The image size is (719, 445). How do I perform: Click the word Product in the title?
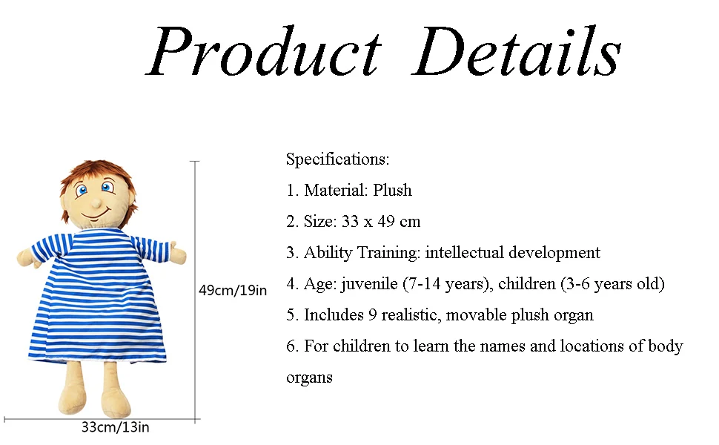tap(264, 51)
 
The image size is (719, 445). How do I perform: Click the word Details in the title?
tap(517, 51)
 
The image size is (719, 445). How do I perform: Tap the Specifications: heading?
tap(337, 159)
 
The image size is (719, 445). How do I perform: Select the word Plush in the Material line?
tap(392, 190)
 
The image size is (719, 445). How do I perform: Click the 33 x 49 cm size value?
tap(381, 222)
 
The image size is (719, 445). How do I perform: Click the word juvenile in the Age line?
tap(369, 284)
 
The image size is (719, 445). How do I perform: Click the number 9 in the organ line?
tap(372, 315)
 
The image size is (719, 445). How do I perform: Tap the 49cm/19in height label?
tap(233, 291)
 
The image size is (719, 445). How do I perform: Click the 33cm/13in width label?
tap(115, 427)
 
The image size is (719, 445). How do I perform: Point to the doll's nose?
tap(96, 202)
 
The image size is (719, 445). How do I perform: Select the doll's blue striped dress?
tap(98, 298)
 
